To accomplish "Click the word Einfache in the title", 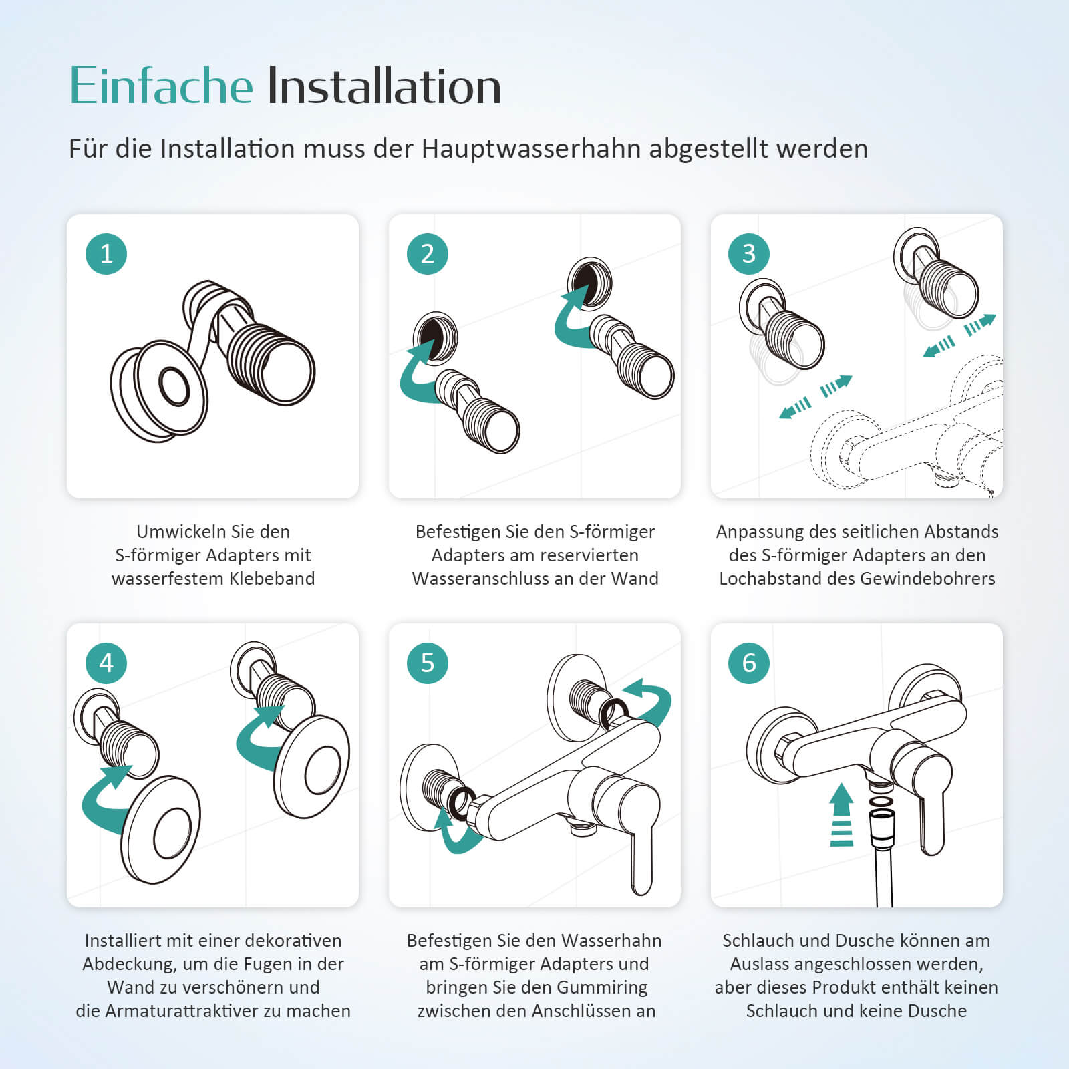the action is (161, 86).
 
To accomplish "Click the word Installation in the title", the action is (384, 86).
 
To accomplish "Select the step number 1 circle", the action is (106, 254).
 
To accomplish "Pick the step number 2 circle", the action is (428, 254).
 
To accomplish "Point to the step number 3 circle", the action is (749, 254).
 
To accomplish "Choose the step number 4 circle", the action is (106, 663).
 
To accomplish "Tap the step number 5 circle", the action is (428, 663).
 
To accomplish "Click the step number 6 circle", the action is (749, 663).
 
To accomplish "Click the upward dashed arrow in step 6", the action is (841, 815).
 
